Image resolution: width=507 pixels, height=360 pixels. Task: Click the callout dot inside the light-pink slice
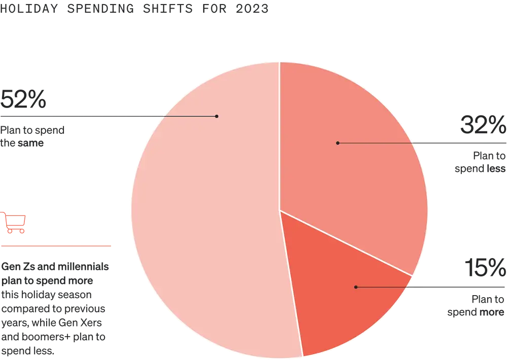pyautogui.click(x=216, y=116)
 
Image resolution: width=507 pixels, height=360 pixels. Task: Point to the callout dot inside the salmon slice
pyautogui.click(x=338, y=143)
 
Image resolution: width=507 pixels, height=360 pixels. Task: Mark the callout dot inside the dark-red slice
pyautogui.click(x=355, y=287)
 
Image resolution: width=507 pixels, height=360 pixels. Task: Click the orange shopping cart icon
pyautogui.click(x=15, y=223)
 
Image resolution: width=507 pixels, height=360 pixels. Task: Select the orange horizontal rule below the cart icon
pyautogui.click(x=56, y=245)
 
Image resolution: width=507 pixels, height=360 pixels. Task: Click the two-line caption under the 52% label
pyautogui.click(x=32, y=137)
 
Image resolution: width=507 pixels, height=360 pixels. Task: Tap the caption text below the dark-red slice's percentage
pyautogui.click(x=477, y=307)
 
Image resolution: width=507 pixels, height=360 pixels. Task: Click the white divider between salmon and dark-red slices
pyautogui.click(x=346, y=243)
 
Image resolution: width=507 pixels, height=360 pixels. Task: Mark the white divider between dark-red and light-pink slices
pyautogui.click(x=291, y=284)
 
